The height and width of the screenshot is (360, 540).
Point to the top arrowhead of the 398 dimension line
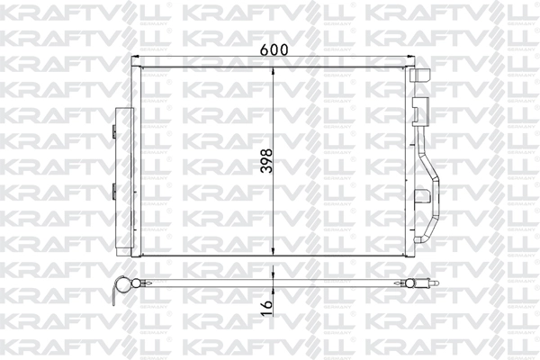(x=274, y=68)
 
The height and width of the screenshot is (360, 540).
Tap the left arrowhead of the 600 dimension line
(x=134, y=60)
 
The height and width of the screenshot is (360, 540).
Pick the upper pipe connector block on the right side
(x=419, y=112)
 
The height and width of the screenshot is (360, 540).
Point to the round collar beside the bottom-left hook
(x=131, y=285)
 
